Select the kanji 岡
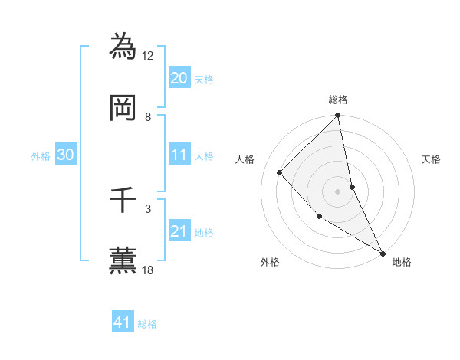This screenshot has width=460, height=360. point(123,108)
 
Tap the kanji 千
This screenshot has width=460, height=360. point(123,200)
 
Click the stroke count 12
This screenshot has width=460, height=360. point(148,56)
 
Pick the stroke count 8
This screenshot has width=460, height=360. point(148,117)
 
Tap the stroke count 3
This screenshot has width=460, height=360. point(148,208)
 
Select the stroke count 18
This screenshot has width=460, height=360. point(148,270)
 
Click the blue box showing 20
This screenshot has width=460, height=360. point(179,78)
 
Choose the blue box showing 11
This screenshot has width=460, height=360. point(179,155)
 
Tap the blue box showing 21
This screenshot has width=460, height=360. point(179,231)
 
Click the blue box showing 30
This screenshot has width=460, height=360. point(66,155)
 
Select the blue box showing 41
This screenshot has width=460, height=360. point(123,322)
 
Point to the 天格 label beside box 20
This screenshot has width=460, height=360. point(204,79)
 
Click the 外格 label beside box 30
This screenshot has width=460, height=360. point(41,156)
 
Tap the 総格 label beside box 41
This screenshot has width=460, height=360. point(147,324)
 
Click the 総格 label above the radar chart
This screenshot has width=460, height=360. point(338,100)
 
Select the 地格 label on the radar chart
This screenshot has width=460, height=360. point(402,262)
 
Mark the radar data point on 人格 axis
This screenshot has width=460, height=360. point(280,172)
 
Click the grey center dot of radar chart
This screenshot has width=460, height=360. point(338,191)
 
